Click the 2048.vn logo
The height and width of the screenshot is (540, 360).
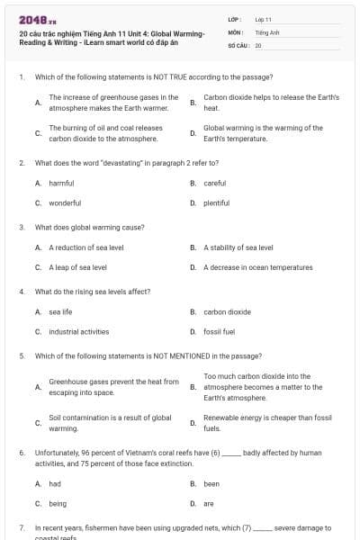tap(31, 19)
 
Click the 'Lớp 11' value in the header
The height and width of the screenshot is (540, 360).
tap(263, 19)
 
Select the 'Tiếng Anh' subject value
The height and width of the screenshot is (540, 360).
tap(267, 31)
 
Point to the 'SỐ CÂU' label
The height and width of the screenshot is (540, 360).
tap(238, 44)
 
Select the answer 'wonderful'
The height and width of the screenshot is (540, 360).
tap(65, 202)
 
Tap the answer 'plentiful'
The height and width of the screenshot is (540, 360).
tap(217, 202)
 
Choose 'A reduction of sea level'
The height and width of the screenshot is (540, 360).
tap(86, 247)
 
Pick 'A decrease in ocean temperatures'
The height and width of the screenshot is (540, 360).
tap(258, 267)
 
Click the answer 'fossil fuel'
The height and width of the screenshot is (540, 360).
tap(219, 331)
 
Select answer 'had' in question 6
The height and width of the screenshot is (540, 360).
tap(55, 483)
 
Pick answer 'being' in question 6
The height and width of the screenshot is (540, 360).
tap(58, 503)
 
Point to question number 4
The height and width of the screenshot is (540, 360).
tap(21, 292)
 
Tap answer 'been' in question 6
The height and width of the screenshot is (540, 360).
tap(211, 483)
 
